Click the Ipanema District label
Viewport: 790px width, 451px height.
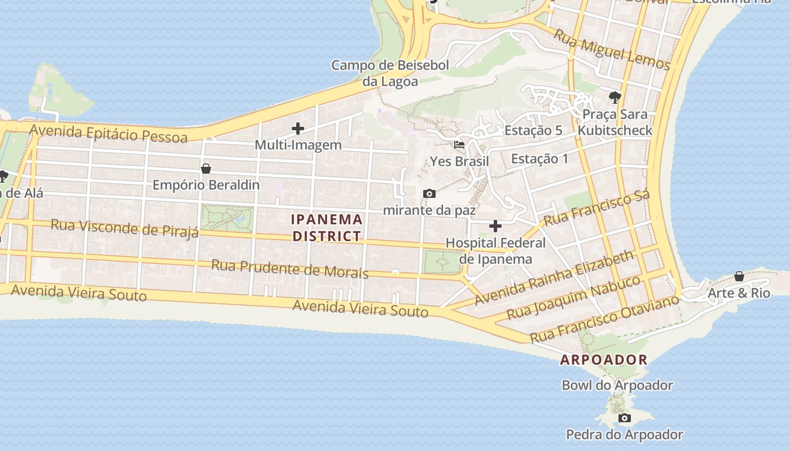point(327,227)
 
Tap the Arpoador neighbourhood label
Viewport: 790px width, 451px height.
point(603,360)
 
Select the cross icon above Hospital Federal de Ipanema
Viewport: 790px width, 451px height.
point(495,227)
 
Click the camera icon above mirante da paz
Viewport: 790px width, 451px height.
point(429,194)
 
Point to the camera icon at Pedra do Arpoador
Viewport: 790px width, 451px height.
point(624,418)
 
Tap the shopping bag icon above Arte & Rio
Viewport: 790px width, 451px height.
point(739,276)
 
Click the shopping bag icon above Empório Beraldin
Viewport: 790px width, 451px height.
point(206,169)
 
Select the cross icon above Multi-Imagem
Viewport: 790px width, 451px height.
point(298,129)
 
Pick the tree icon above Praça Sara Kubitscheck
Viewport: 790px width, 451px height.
point(615,97)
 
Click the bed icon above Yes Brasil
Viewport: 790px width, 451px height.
point(459,145)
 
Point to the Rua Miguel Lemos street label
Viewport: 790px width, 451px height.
point(611,50)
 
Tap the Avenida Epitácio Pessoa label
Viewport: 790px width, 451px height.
point(108,134)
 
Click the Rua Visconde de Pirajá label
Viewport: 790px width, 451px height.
point(125,228)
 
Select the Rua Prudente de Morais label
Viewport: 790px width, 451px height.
point(289,268)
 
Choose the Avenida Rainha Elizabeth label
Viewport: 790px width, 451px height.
point(554,278)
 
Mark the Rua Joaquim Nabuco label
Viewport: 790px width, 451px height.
point(574,297)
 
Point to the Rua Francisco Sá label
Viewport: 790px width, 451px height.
point(596,207)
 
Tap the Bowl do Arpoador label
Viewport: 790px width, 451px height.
point(617,386)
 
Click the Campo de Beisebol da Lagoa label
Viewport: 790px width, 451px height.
point(390,73)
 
